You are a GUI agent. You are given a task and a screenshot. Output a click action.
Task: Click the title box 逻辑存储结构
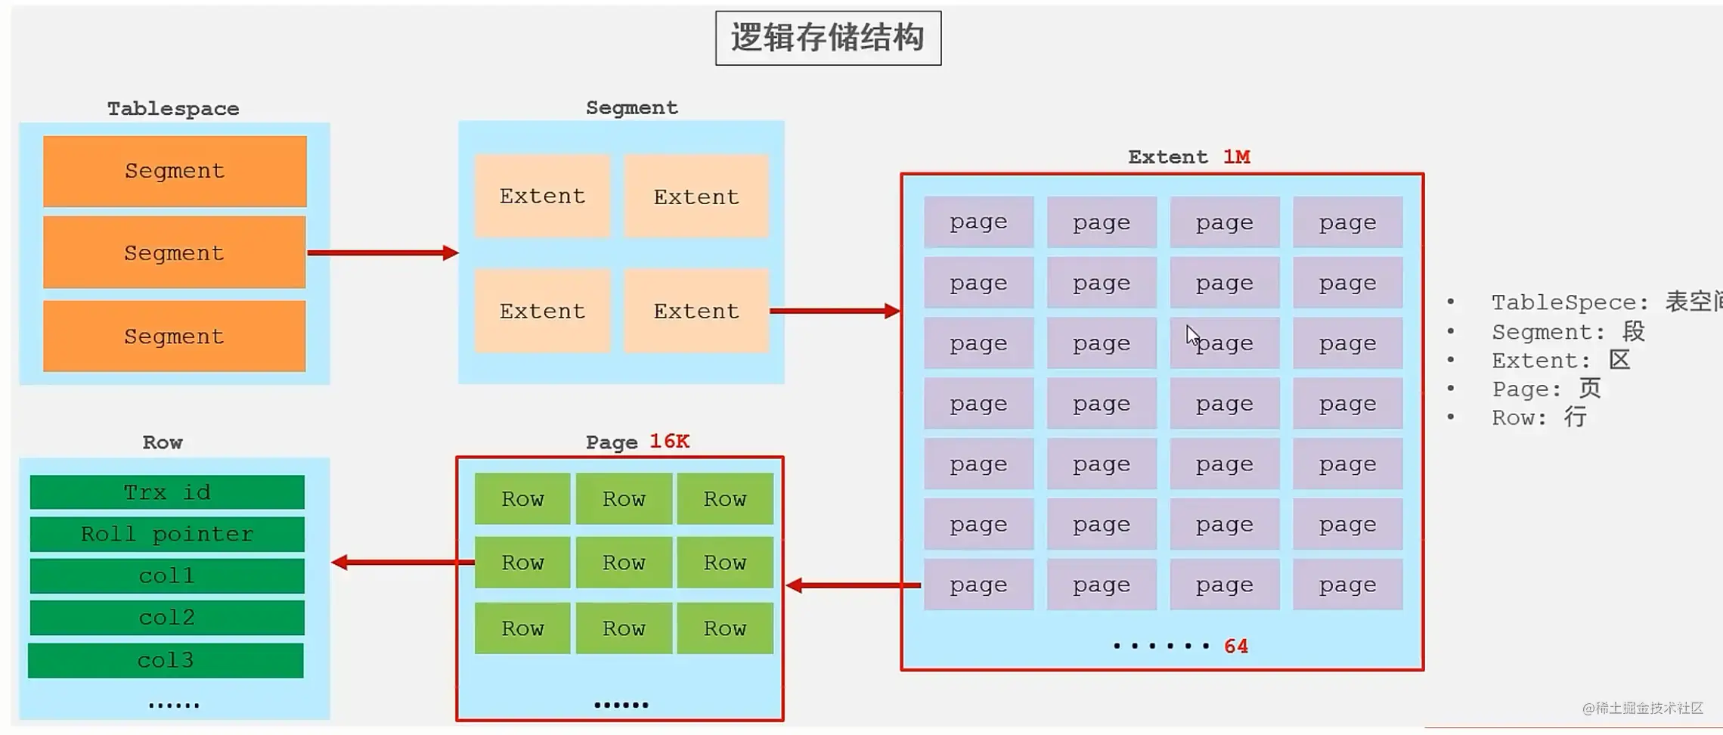click(828, 38)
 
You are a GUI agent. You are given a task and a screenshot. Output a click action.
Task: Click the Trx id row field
click(167, 492)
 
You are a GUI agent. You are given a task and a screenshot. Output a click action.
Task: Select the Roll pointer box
click(167, 535)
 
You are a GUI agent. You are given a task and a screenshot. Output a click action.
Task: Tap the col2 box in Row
click(167, 618)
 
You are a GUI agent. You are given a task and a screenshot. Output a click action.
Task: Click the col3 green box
click(166, 660)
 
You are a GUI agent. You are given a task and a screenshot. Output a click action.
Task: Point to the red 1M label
click(1236, 157)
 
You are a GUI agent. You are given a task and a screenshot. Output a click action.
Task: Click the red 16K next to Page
click(669, 442)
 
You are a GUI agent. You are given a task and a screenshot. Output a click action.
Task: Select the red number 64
click(1236, 647)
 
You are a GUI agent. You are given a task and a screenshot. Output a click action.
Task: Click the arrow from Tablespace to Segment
click(383, 253)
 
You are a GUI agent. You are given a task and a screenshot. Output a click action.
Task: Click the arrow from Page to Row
click(404, 563)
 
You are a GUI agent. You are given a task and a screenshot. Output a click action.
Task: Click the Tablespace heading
click(173, 109)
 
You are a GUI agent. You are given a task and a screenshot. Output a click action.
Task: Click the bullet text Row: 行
click(1539, 417)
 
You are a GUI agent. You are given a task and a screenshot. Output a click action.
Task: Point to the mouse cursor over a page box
click(1192, 335)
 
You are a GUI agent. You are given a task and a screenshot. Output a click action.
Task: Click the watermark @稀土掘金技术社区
click(1642, 709)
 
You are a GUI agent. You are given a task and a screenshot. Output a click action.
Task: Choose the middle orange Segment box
click(175, 253)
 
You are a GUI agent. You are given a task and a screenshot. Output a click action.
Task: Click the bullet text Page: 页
click(1546, 389)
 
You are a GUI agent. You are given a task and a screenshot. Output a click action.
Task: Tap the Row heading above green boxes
click(163, 442)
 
